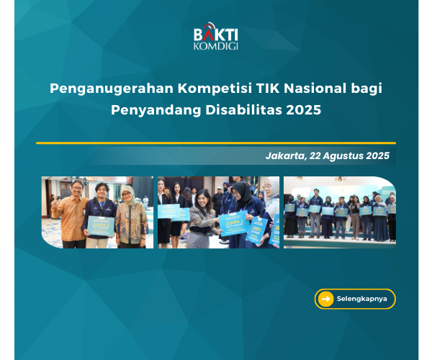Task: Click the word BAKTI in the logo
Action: click(215, 34)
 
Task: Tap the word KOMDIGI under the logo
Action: click(216, 46)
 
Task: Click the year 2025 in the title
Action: click(303, 111)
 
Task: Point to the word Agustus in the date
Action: click(341, 156)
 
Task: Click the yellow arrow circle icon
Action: click(325, 299)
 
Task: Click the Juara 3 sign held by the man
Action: click(100, 225)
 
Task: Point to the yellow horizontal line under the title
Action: click(216, 143)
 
